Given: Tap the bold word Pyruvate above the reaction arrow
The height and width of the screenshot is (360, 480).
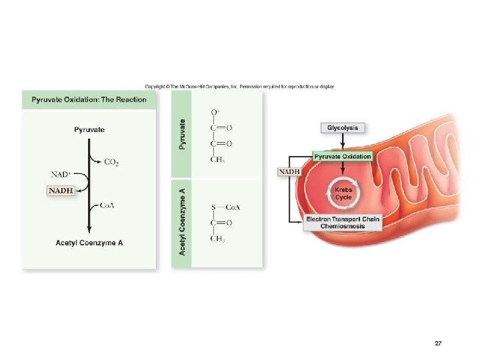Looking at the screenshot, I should pos(89,129).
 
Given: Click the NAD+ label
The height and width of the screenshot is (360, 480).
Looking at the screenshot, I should pos(61,175).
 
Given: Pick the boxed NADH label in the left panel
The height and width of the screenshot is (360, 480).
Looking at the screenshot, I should pos(61,190).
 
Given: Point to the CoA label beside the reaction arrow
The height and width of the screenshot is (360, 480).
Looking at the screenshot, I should pos(107,205).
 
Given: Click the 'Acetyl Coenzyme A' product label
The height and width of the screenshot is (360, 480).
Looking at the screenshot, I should pos(89,243).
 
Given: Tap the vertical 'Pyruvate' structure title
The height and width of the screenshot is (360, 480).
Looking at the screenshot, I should pos(183,133).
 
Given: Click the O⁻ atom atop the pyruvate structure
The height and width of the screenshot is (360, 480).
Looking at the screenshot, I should pos(215,112).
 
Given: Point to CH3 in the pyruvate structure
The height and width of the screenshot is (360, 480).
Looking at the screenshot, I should pos(217,159).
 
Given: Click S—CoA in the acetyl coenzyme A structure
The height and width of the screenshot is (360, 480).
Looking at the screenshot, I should pos(225,207).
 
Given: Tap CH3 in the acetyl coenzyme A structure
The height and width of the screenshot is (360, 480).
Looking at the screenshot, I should pos(217,239).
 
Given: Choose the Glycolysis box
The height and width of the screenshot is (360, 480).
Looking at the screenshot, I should pos(343,127).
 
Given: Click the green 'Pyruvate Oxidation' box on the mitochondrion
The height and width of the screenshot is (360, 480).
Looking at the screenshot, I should pos(343,156).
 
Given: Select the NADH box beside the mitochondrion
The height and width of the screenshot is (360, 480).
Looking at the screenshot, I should pos(289,171).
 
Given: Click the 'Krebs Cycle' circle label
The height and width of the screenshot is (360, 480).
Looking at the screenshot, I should pos(343,193).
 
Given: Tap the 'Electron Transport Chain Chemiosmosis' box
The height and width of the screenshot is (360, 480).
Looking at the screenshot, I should pos(343,223).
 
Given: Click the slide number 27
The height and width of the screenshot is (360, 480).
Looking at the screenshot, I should pos(438,343).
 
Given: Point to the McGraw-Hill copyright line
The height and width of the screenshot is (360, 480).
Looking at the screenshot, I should pos(239,86).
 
